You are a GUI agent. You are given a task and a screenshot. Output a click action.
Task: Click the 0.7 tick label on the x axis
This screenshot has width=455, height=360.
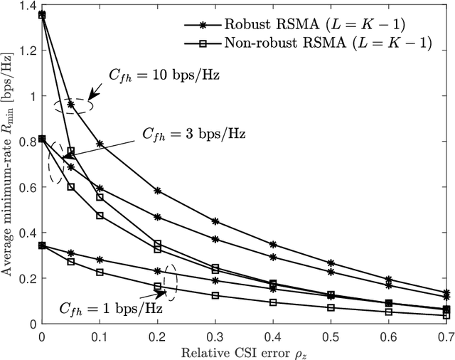(446, 335)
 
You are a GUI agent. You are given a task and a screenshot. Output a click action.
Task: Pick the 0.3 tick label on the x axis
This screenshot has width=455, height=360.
(215, 335)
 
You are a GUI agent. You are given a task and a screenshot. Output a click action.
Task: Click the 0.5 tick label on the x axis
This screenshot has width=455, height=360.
(331, 335)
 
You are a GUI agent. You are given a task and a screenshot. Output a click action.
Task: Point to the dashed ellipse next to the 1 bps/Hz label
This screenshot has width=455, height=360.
(169, 277)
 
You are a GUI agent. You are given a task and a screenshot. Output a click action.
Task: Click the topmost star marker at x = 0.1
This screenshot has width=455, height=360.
(100, 144)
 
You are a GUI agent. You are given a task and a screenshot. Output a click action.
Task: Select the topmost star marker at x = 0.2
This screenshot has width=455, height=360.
(157, 191)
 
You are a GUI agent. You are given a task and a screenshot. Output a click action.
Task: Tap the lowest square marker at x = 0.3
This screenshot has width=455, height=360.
(215, 295)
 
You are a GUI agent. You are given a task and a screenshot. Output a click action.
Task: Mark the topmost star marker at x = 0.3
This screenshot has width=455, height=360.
(215, 221)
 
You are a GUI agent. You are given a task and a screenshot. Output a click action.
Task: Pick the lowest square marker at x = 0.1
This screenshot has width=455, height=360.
(100, 272)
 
